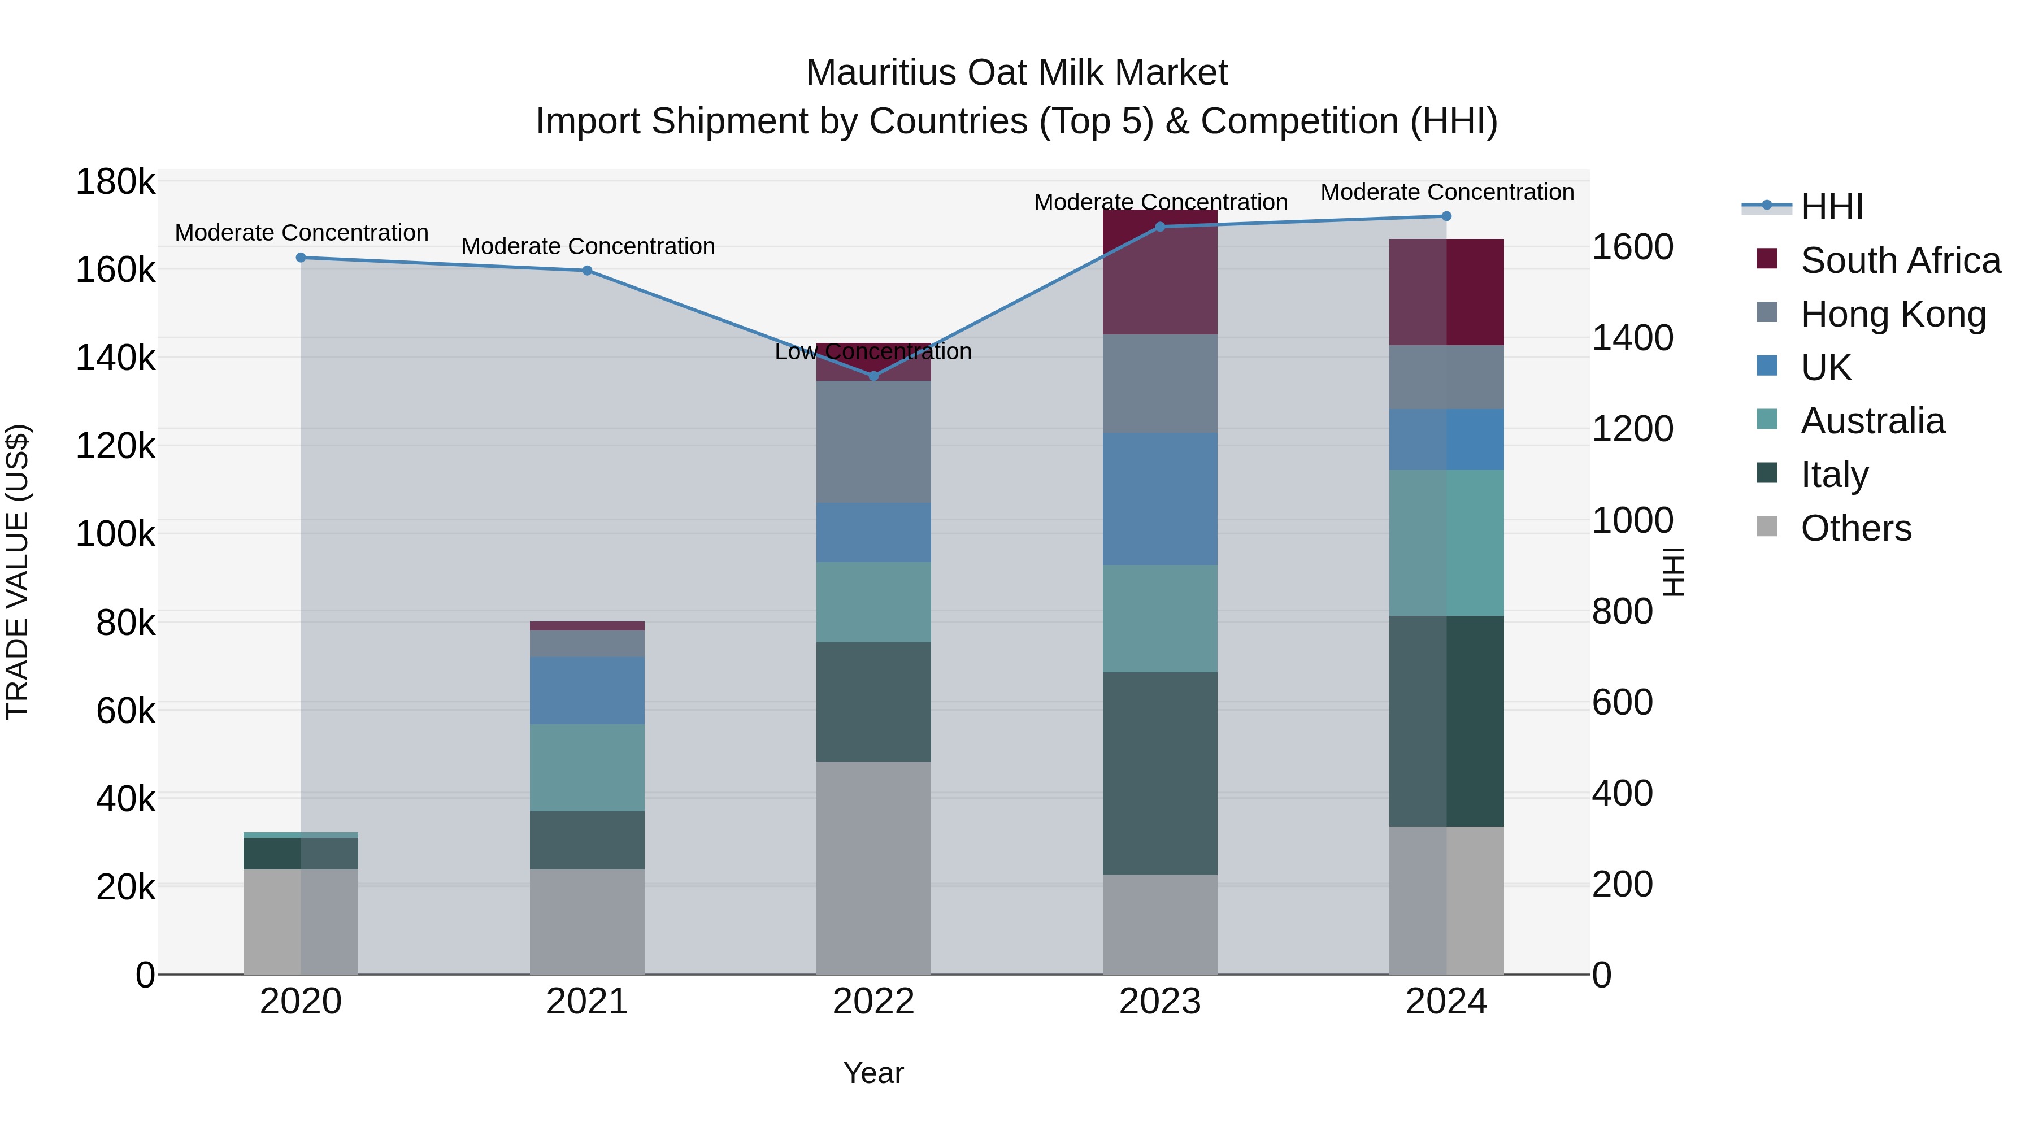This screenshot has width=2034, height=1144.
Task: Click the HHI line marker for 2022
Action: tap(873, 376)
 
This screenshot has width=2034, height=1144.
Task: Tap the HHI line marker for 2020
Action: tap(301, 258)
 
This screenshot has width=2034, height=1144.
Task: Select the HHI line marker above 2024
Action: tap(1446, 216)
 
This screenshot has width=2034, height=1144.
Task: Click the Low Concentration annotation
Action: tap(873, 352)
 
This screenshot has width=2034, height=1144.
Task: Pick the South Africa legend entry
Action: tap(1900, 260)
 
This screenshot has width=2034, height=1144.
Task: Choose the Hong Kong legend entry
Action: tap(1893, 314)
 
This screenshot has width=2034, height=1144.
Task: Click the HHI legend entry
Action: tap(1832, 207)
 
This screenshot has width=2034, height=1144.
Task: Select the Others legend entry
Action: tap(1855, 528)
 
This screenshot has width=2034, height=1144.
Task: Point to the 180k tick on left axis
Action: tap(115, 182)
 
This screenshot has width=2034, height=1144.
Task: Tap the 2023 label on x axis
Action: tap(1160, 1002)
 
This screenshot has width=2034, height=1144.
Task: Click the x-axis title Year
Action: tap(873, 1073)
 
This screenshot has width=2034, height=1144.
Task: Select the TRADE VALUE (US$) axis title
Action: tap(18, 572)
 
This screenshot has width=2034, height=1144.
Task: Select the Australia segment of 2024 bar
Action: tap(1446, 542)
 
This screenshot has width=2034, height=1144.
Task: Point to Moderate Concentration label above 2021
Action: tap(588, 246)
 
